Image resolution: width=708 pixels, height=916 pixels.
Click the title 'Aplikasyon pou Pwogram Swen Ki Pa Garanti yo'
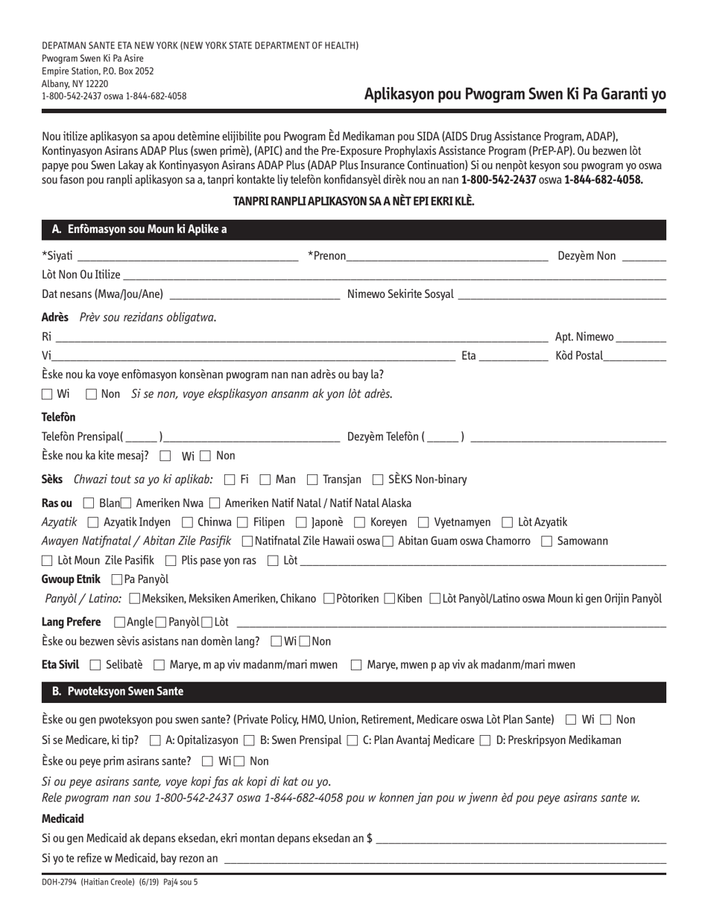tap(515, 95)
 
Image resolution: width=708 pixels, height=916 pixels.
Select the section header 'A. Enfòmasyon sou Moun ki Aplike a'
tap(139, 229)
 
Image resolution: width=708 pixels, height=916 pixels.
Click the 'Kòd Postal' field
tap(635, 357)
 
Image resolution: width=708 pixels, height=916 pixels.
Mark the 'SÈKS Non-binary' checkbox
tap(378, 479)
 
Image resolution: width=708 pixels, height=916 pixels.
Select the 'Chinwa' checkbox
tap(187, 521)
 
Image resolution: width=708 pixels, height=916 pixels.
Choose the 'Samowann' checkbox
tap(546, 541)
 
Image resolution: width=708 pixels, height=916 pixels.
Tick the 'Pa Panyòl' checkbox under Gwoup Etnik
tap(116, 579)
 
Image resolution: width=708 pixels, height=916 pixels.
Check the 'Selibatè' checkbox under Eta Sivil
tap(95, 664)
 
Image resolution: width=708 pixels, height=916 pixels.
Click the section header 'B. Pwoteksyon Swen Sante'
tap(118, 692)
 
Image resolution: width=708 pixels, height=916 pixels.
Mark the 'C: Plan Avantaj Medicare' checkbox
tap(353, 740)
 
